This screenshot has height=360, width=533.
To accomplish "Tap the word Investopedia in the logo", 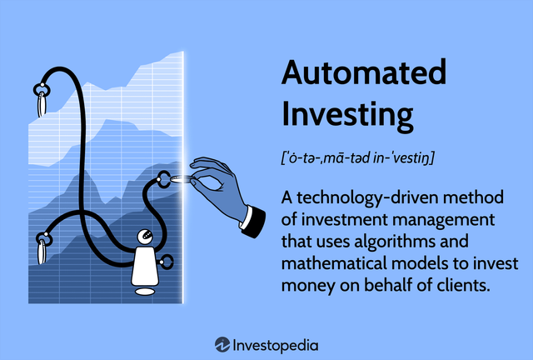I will (x=276, y=343).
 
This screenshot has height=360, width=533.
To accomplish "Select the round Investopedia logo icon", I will (x=222, y=343).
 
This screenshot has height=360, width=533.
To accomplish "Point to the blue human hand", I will (x=218, y=180).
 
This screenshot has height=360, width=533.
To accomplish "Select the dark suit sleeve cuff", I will (x=252, y=219).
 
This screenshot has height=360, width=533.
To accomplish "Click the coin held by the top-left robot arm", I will (x=42, y=104).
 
